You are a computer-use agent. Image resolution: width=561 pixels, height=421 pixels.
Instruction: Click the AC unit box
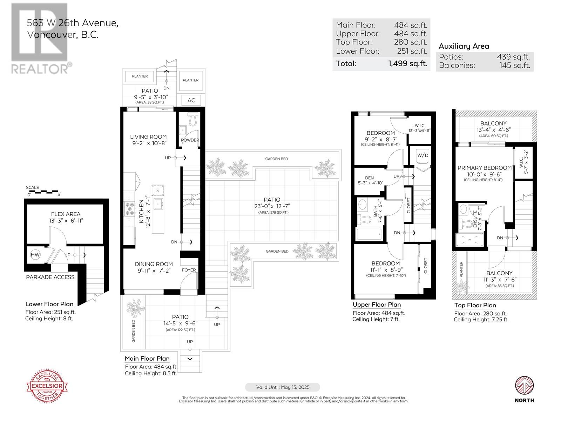pyautogui.click(x=191, y=100)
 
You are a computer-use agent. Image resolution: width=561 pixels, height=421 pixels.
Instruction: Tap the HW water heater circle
pyautogui.click(x=35, y=255)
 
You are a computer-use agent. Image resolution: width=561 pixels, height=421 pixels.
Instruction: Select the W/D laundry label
pyautogui.click(x=423, y=155)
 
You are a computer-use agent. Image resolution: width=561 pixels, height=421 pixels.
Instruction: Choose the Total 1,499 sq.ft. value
pyautogui.click(x=407, y=64)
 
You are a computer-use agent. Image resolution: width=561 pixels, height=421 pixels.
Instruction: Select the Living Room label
pyautogui.click(x=148, y=137)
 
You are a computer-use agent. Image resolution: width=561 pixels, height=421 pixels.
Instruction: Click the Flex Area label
pyautogui.click(x=66, y=214)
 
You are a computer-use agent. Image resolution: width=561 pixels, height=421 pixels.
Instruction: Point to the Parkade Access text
pyautogui.click(x=50, y=277)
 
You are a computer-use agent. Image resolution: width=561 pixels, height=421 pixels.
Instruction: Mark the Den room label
pyautogui.click(x=369, y=178)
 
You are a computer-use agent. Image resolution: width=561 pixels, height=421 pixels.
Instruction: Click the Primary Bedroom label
pyautogui.click(x=484, y=168)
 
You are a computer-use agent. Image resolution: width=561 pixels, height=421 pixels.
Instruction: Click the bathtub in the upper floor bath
pyautogui.click(x=369, y=234)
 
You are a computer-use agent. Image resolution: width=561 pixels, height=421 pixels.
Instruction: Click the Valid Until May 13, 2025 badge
pyautogui.click(x=283, y=387)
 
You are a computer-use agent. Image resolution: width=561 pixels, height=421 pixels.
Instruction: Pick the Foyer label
pyautogui.click(x=189, y=270)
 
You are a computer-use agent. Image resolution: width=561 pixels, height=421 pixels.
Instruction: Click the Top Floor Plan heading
pyautogui.click(x=475, y=305)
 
